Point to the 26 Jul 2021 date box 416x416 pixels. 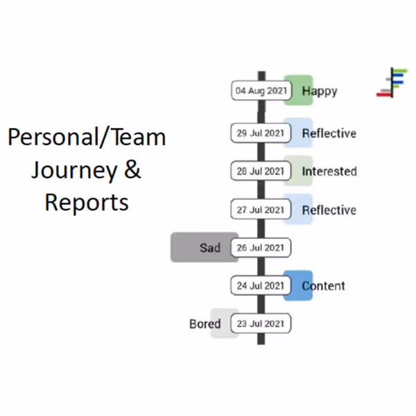coord(261,248)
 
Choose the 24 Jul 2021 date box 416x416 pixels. coord(261,285)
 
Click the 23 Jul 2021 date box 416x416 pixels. coord(261,323)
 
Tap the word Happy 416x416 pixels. coord(320,91)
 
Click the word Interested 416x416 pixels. coord(329,171)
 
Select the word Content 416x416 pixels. coord(324,286)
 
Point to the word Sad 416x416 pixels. coord(210,248)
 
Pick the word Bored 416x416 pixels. coord(205,324)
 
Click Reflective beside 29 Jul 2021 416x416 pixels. coord(329,133)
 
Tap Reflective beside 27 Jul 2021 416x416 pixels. coord(329,210)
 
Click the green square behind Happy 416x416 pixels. coord(299,81)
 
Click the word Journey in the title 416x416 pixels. coord(72,169)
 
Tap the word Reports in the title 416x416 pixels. coord(87,202)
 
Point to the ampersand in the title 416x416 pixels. coord(132,169)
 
